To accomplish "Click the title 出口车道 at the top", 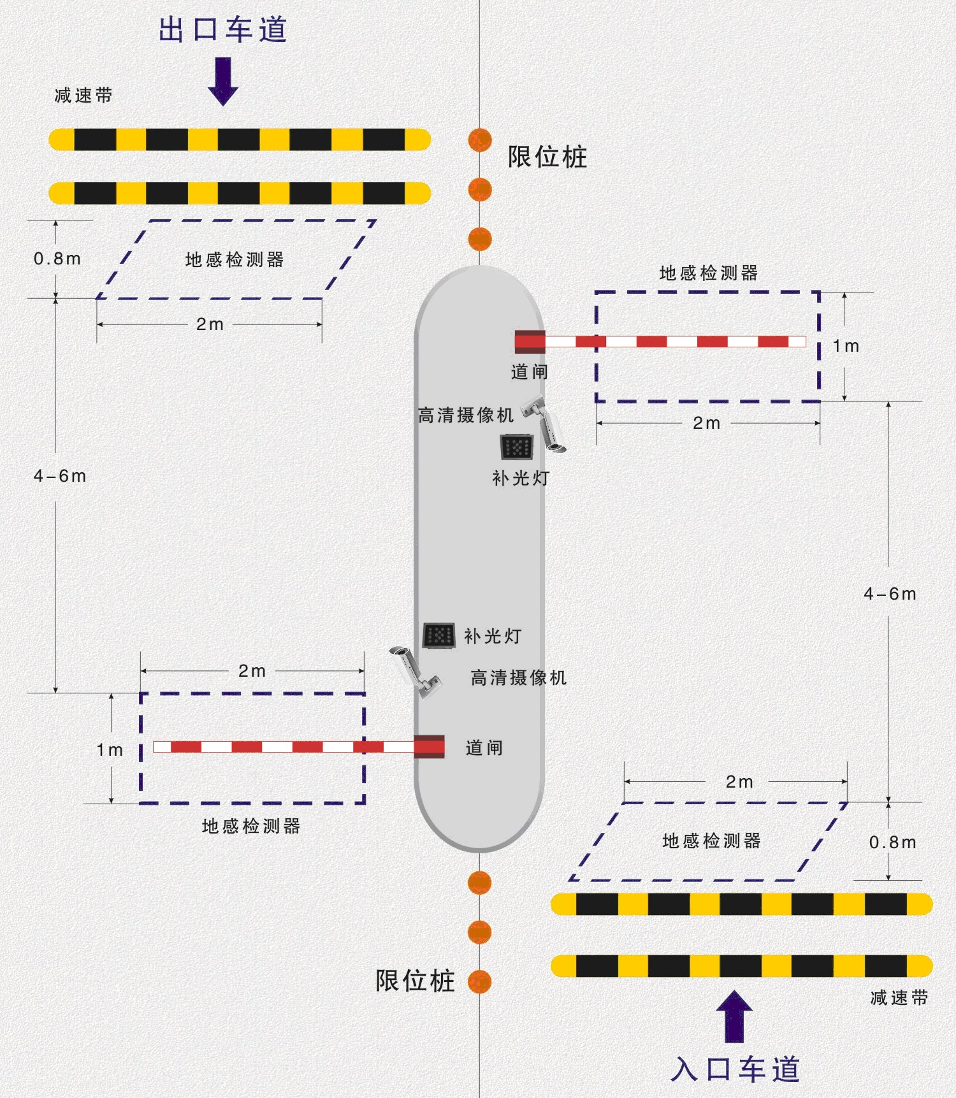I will point(223,30).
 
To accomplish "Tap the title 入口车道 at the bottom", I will point(735,1069).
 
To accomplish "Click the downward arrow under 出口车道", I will point(223,81).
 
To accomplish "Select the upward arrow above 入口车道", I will point(734,1016).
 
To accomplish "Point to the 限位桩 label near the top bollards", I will point(547,157).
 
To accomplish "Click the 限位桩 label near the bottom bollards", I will point(415,981).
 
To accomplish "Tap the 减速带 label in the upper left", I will point(83,96).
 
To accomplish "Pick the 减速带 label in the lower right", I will point(899,997).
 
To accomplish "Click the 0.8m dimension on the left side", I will point(57,259).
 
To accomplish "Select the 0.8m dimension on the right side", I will point(892,842).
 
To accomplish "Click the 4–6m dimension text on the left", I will point(59,476).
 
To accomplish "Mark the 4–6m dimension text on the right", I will point(890,594).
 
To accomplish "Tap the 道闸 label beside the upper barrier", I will point(529,372).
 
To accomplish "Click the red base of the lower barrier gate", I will point(430,746).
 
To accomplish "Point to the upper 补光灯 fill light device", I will point(516,447).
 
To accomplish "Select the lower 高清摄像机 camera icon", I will point(414,672).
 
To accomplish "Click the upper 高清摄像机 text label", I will point(465,415).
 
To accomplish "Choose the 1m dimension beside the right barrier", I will point(846,346).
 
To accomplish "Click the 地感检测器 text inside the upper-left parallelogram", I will point(235,259).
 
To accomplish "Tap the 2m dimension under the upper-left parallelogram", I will point(210,324).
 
